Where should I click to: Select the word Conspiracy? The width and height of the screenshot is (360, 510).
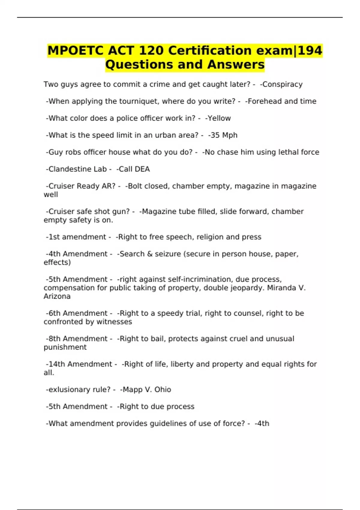click(x=282, y=84)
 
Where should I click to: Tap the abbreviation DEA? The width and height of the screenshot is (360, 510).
click(x=142, y=169)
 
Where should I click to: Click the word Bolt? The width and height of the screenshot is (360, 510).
click(x=134, y=186)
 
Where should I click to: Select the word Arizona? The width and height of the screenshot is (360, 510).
click(x=57, y=296)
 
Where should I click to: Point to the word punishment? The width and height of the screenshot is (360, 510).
click(x=65, y=347)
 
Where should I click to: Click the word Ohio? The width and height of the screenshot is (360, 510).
click(x=163, y=390)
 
